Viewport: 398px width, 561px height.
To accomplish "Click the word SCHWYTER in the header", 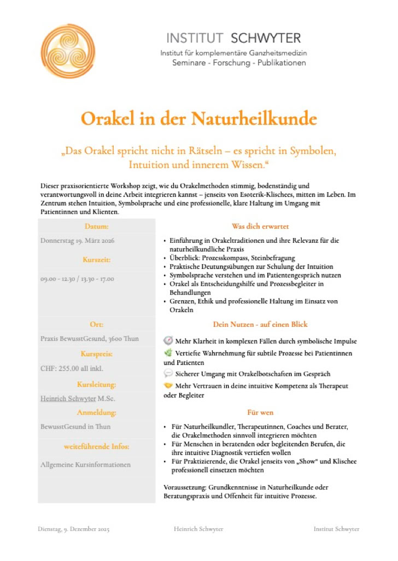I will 266,38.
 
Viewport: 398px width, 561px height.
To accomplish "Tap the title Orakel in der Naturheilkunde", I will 199,118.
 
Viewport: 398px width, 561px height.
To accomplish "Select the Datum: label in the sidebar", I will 97,226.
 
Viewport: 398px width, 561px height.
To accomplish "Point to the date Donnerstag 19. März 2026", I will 78,240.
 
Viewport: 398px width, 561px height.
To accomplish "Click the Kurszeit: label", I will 97,259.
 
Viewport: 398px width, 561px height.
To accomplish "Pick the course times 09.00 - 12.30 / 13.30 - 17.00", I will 77,278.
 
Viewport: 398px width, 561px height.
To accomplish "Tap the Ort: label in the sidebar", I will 97,324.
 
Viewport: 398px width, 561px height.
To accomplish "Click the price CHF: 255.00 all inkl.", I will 72,368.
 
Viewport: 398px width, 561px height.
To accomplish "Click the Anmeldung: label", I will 97,413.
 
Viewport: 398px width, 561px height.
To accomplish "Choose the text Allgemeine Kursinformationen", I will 85,465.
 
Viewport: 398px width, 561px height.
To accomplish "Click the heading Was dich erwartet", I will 260,226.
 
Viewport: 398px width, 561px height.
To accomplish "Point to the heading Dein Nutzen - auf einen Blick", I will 260,324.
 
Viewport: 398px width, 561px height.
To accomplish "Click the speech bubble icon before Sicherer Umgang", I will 168,374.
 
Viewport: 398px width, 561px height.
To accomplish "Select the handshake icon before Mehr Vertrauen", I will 168,386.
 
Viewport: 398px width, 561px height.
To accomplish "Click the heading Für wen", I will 260,413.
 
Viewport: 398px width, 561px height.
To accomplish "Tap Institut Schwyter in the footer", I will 336,529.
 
